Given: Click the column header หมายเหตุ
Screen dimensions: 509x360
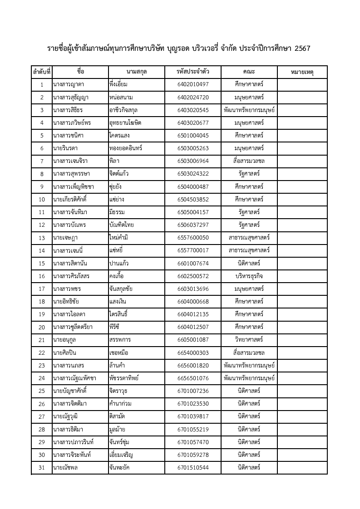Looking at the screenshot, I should pos(302,72).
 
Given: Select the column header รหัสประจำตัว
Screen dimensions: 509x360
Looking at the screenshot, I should pos(193,72).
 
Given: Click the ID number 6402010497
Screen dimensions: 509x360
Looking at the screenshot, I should pos(193,85).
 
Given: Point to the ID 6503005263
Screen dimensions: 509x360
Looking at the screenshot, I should pos(193,148).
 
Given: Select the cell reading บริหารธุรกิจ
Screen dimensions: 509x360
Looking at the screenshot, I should pos(249,276).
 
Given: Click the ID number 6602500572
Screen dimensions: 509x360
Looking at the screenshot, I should pos(193,276).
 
